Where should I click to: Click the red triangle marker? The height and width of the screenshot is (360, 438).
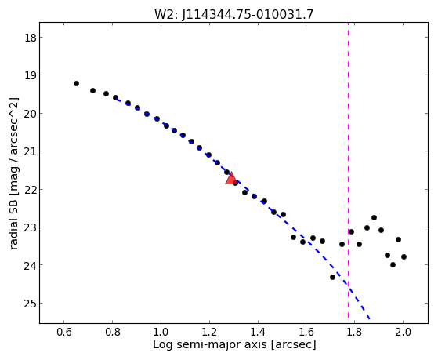coord(231,179)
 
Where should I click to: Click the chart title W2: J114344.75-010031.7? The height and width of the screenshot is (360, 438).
coord(234,15)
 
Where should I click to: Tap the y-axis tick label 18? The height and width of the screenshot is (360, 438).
coord(31,38)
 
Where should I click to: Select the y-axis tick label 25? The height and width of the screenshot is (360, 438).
coord(31,304)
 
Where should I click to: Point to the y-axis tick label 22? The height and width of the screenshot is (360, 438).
coord(31,189)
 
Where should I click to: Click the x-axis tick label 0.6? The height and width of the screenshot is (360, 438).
coord(64,332)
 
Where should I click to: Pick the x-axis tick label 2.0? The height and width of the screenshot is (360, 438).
coord(403,332)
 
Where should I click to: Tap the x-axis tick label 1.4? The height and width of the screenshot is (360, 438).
coord(258,332)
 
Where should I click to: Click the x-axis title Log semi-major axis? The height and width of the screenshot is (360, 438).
coord(210,344)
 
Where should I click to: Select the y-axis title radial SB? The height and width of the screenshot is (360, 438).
coord(13,227)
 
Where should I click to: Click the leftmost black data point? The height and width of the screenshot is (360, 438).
coord(76,83)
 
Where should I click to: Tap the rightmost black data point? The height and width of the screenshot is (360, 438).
coord(404,256)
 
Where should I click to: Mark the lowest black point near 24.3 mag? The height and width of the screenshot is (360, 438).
coord(332,277)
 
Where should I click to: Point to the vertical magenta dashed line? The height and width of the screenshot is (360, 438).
coord(349,170)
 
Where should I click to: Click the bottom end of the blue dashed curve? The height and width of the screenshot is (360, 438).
coord(370,318)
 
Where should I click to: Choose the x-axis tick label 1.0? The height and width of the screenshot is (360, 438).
coord(161,332)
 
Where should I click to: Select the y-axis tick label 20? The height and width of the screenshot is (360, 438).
coord(31,113)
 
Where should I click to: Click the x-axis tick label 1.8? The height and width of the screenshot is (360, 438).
coord(354,332)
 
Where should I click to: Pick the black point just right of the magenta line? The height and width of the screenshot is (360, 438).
coord(351,231)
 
